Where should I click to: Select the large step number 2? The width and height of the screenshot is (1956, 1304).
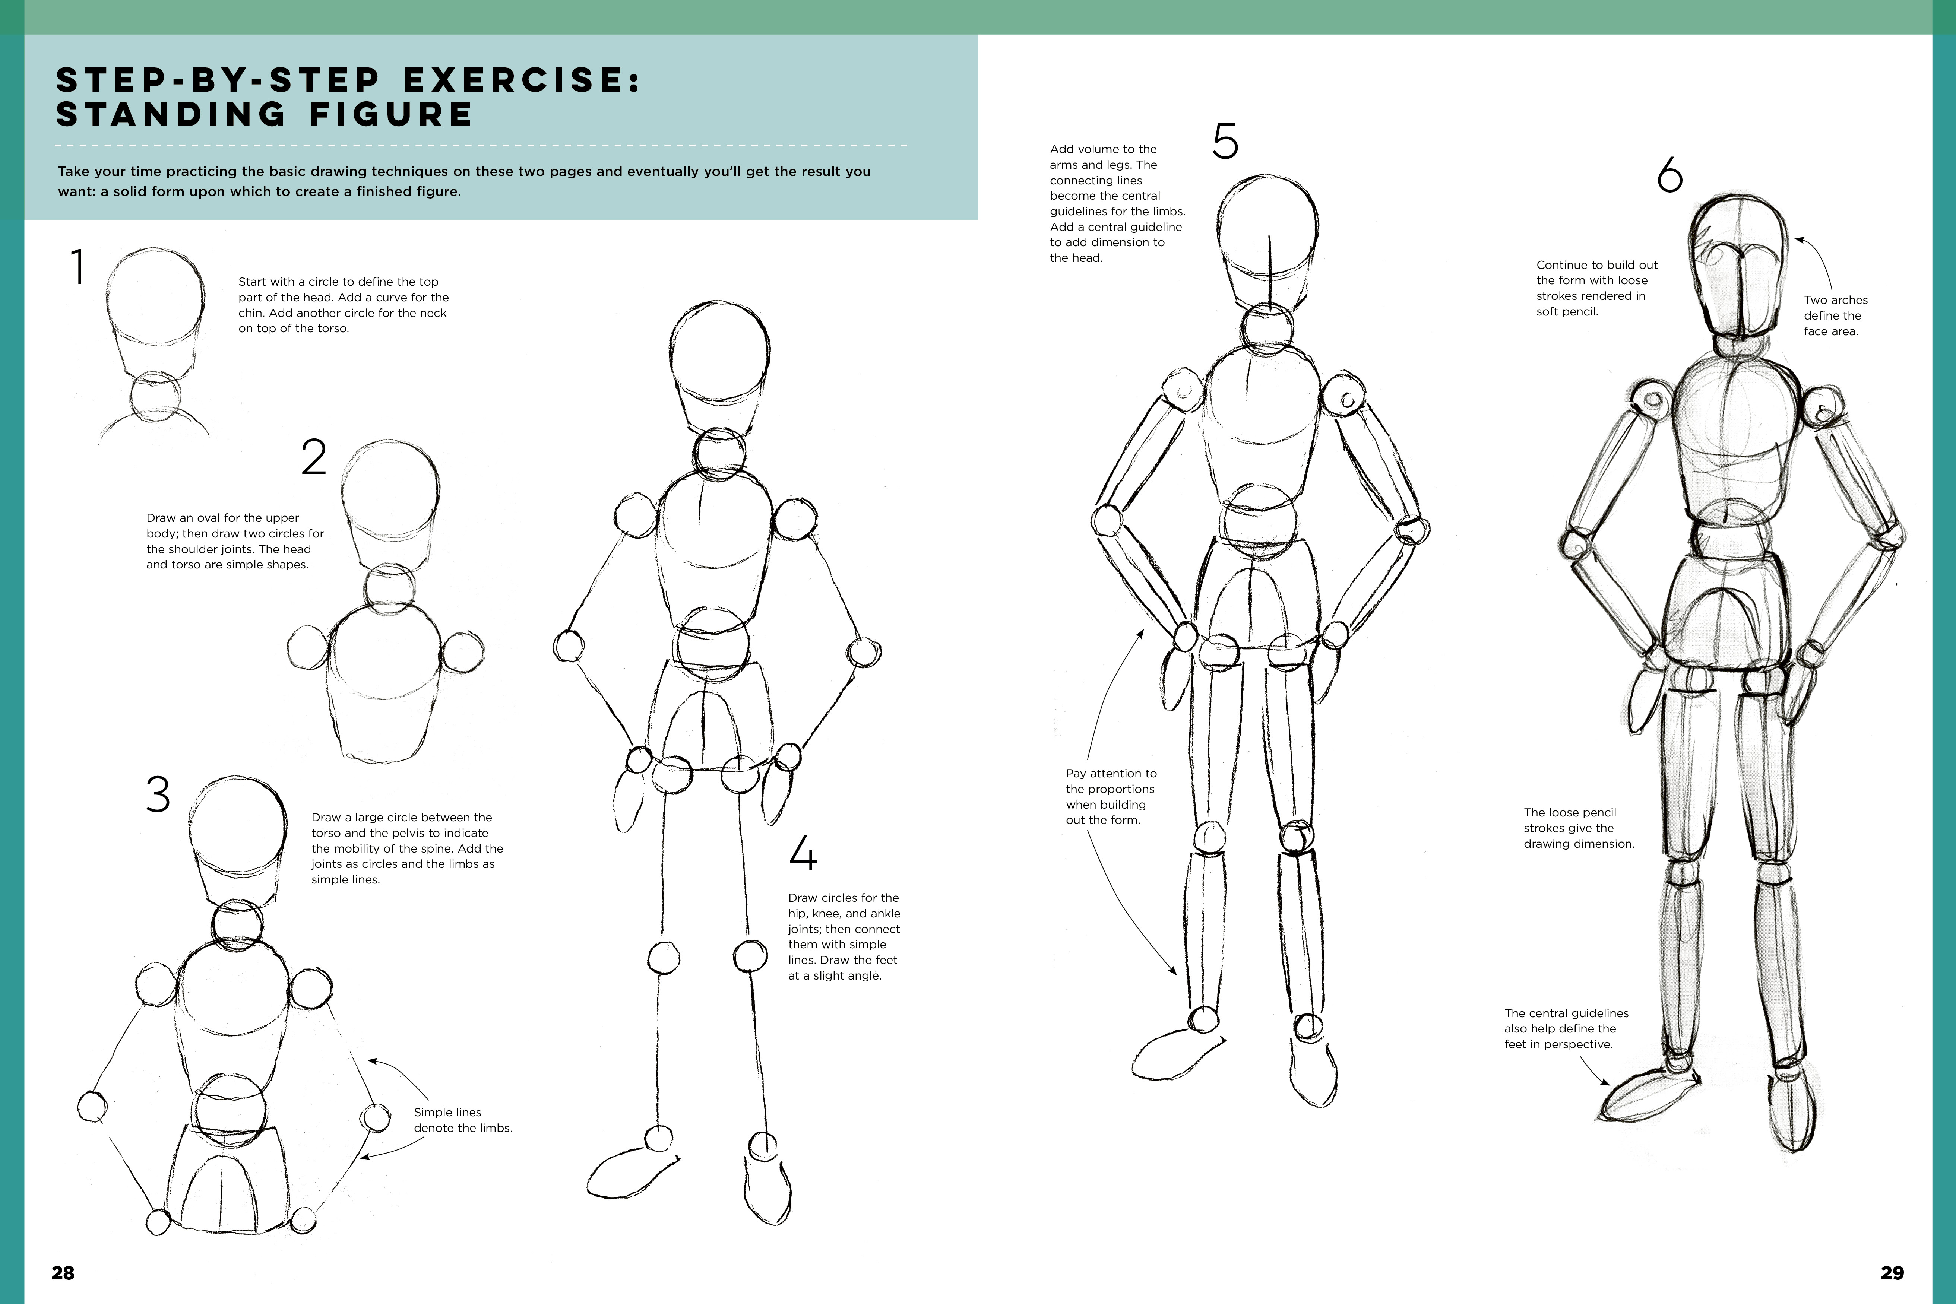coord(314,457)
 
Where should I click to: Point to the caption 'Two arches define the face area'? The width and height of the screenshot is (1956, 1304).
coord(1835,315)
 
